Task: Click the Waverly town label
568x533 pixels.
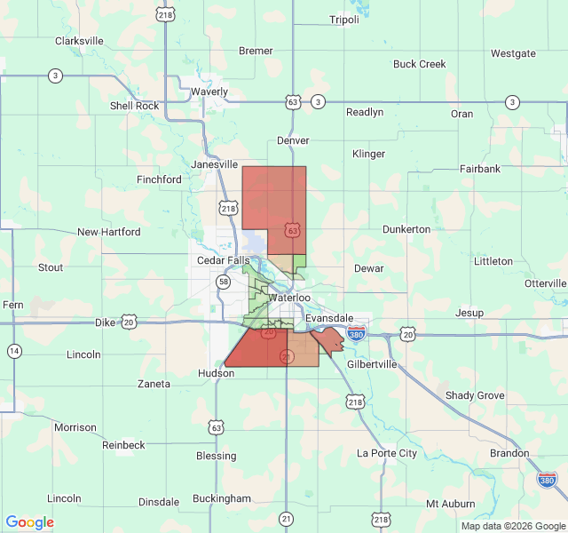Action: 209,91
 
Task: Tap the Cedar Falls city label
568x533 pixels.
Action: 224,260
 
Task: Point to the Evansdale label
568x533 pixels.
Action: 329,318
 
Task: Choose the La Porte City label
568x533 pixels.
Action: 386,453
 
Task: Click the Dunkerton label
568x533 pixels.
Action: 406,229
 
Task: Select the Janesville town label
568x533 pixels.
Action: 215,164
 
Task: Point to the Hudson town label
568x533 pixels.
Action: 217,374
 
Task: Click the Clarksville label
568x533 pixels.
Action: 79,41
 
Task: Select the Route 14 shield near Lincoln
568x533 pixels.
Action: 14,351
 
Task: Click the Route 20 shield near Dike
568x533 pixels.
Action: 130,322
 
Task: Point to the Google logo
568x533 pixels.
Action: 29,522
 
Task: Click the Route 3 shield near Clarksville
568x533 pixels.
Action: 55,76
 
